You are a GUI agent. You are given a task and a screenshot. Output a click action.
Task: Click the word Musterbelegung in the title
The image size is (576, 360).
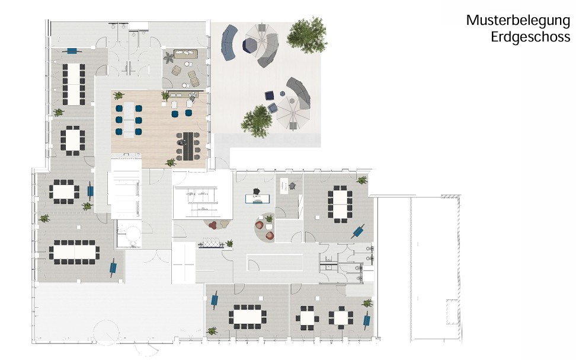tap(518, 21)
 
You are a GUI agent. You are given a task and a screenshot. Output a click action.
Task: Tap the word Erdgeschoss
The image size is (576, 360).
tap(530, 37)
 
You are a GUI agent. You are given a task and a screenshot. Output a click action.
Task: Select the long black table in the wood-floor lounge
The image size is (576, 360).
tap(188, 146)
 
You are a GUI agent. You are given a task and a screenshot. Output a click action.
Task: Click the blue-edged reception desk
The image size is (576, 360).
tap(258, 199)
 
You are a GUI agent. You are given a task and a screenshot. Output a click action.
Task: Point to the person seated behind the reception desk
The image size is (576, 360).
tap(257, 192)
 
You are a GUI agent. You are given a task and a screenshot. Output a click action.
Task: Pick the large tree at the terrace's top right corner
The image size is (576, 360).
tap(307, 35)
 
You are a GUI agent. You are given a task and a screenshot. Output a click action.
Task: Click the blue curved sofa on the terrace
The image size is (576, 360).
tap(229, 42)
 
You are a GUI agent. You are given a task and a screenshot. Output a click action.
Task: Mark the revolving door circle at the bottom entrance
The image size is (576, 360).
tap(106, 333)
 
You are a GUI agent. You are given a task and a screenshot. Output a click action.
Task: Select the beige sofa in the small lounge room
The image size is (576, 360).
tap(185, 54)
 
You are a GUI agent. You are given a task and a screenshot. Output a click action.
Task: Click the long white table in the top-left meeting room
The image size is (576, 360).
tap(74, 84)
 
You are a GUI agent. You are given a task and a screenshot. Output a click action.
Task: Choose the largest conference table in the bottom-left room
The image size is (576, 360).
tap(74, 252)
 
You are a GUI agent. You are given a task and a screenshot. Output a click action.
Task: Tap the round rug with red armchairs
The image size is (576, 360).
tap(265, 227)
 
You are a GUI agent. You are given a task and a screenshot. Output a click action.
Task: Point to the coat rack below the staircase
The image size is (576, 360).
tap(211, 244)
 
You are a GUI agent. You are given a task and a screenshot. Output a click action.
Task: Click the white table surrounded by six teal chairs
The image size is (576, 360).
tap(129, 120)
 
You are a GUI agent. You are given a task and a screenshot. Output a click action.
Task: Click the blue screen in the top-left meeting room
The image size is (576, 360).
tap(72, 51)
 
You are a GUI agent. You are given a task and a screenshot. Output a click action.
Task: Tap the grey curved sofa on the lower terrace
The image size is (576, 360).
tap(300, 93)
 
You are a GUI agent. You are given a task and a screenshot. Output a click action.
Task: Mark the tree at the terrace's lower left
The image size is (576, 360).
tap(257, 122)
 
